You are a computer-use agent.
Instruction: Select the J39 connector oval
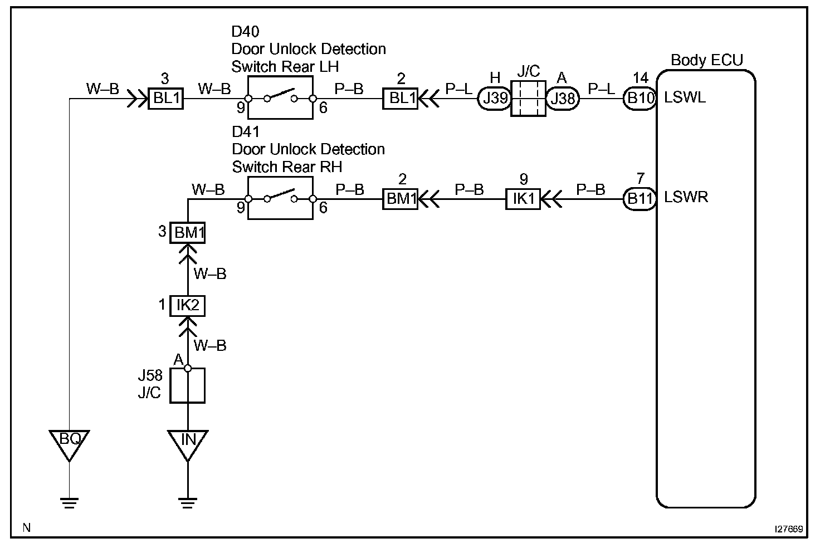tap(495, 98)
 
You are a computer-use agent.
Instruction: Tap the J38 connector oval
tap(562, 98)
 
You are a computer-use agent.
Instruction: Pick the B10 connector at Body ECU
tap(640, 98)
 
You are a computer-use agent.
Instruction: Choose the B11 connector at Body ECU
tap(640, 199)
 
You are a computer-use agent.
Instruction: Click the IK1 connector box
tap(523, 199)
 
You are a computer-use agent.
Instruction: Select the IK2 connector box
tap(187, 306)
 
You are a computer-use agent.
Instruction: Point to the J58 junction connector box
tap(187, 385)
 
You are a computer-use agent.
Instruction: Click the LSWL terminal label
tap(685, 98)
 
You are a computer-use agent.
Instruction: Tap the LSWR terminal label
tap(686, 197)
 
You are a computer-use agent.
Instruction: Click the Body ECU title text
tap(707, 60)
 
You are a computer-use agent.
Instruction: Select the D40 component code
tap(245, 32)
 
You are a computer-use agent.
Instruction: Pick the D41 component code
tap(246, 132)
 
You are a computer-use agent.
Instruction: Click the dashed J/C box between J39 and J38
tap(528, 99)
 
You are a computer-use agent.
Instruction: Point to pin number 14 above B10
tap(640, 77)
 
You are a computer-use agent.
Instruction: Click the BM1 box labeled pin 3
tap(187, 232)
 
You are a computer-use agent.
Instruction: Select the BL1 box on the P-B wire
tap(401, 98)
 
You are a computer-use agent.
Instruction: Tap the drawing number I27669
tap(788, 529)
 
